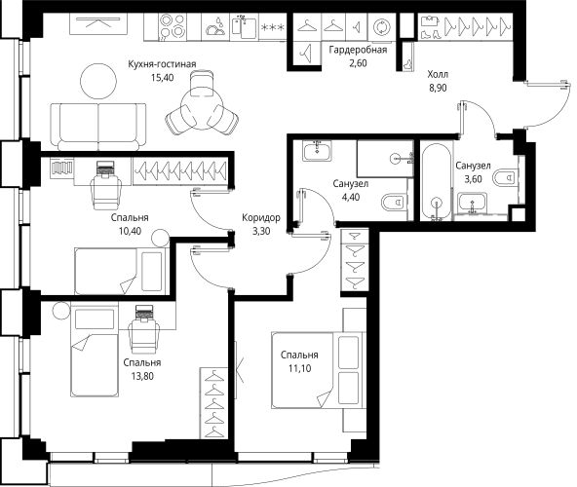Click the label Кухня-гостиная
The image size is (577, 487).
pyautogui.click(x=161, y=64)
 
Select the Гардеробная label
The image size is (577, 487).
pyautogui.click(x=358, y=50)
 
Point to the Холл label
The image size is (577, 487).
pyautogui.click(x=438, y=72)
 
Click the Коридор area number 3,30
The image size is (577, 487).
pyautogui.click(x=260, y=232)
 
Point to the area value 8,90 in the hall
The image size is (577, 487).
pyautogui.click(x=438, y=86)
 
